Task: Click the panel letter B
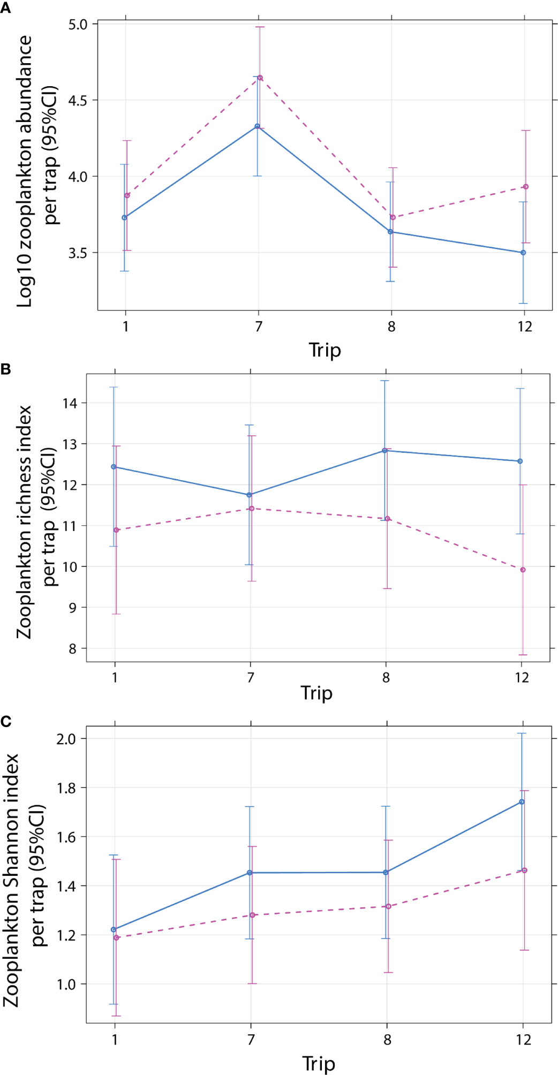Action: click(5, 369)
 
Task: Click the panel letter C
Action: click(6, 722)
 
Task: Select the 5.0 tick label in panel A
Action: click(78, 25)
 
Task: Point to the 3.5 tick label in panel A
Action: click(78, 253)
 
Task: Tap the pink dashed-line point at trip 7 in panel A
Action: click(260, 78)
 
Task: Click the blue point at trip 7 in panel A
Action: click(257, 126)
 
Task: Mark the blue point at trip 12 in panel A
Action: click(523, 253)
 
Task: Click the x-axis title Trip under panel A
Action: click(325, 350)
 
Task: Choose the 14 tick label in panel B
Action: click(70, 403)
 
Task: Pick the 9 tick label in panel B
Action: click(73, 608)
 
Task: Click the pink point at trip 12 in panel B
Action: click(523, 570)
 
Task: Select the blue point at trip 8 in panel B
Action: click(384, 451)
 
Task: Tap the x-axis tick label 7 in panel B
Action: click(251, 678)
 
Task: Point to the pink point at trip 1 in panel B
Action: click(116, 530)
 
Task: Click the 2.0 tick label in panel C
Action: click(66, 739)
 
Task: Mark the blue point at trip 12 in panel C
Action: click(522, 802)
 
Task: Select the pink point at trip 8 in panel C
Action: click(388, 906)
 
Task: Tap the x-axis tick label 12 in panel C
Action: click(523, 1040)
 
